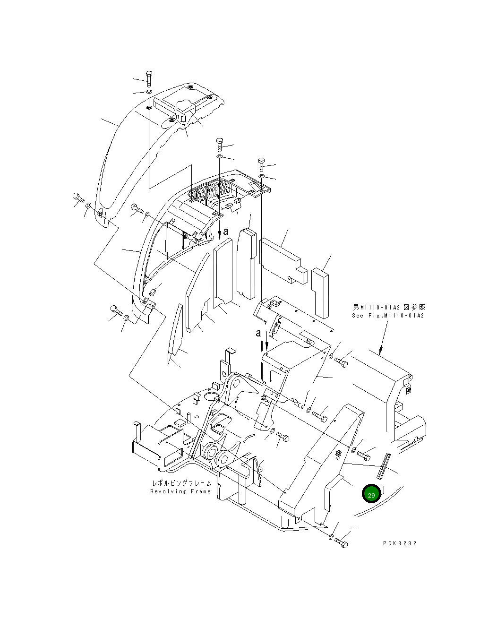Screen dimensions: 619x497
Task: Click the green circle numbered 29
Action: pos(371,495)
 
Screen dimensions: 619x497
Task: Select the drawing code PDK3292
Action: pos(400,543)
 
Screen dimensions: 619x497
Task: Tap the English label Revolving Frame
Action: pos(180,491)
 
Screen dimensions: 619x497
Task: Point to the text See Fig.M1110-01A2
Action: pos(388,315)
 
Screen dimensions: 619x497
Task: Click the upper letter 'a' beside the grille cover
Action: pos(226,232)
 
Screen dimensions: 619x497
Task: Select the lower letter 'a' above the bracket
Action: pos(258,333)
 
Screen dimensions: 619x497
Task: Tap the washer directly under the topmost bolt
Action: pos(149,91)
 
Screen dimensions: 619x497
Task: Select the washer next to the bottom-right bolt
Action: pos(331,536)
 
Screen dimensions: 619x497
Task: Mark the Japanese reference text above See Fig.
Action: pos(388,307)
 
